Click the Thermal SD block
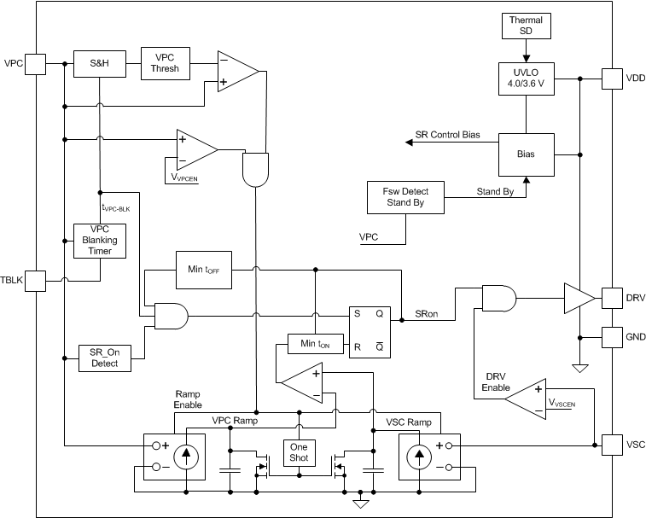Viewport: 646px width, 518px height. pyautogui.click(x=526, y=26)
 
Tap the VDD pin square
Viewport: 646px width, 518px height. pyautogui.click(x=614, y=79)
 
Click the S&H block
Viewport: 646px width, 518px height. pyautogui.click(x=99, y=62)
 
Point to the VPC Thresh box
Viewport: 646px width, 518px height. pyautogui.click(x=166, y=62)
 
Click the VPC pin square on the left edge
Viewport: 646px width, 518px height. pyautogui.click(x=36, y=62)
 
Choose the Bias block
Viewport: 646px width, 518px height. pyautogui.click(x=526, y=154)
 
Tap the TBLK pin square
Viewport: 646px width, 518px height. pyautogui.click(x=36, y=279)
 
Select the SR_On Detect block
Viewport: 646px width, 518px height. pyautogui.click(x=103, y=358)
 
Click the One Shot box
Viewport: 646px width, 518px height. pyautogui.click(x=300, y=452)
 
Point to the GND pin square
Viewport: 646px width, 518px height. pyautogui.click(x=614, y=336)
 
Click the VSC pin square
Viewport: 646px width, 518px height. pyautogui.click(x=614, y=445)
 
